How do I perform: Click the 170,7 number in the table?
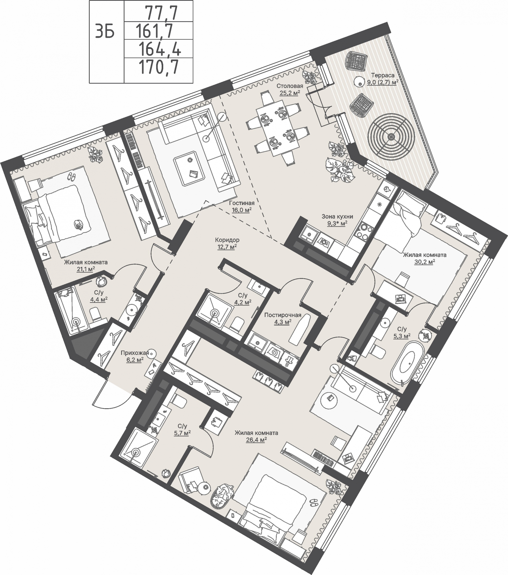click(x=158, y=67)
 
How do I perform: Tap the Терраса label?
click(x=382, y=75)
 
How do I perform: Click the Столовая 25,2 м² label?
click(x=290, y=90)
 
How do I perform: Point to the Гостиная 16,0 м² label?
click(x=242, y=206)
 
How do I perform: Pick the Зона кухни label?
click(x=337, y=217)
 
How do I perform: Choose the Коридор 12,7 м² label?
click(x=227, y=243)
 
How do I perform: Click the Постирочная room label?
click(x=283, y=315)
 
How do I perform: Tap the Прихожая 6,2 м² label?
click(x=135, y=356)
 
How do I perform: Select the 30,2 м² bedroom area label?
click(x=424, y=262)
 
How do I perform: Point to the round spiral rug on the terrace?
click(x=391, y=137)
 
